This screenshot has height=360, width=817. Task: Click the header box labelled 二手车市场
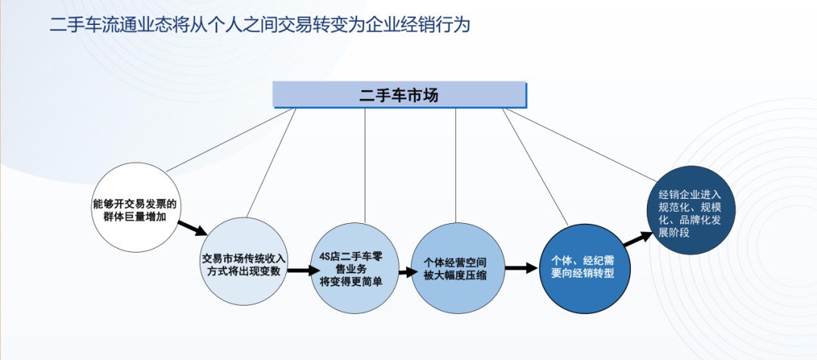[x=399, y=95]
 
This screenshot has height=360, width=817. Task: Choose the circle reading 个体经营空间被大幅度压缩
[x=458, y=268]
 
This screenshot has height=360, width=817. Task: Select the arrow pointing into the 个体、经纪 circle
[x=521, y=267]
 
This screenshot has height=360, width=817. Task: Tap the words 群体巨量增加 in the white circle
[x=135, y=216]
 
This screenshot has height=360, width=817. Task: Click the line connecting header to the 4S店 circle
[x=365, y=166]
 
